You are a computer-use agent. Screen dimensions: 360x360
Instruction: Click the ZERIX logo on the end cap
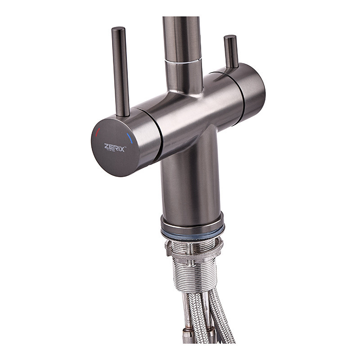115,147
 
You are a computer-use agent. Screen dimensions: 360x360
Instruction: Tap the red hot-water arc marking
98,132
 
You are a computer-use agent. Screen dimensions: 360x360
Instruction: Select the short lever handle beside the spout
231,52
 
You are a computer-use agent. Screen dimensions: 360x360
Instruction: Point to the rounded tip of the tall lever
119,30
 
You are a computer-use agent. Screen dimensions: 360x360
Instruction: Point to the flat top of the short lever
230,37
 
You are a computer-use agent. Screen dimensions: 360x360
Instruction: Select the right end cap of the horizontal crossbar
250,90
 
